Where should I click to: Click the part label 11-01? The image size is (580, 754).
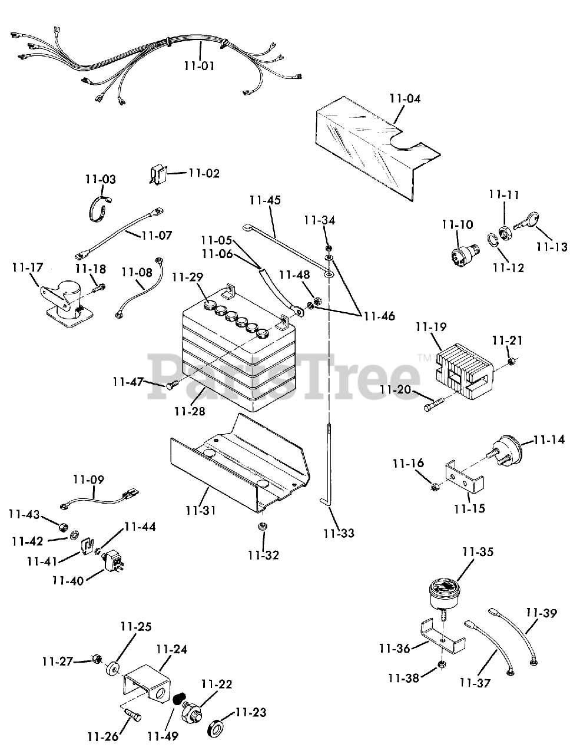click(x=198, y=65)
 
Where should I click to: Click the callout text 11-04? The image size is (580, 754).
click(x=405, y=98)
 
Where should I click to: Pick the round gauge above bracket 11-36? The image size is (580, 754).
click(x=444, y=591)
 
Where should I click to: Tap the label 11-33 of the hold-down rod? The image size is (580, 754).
click(x=339, y=533)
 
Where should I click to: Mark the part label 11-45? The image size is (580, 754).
click(x=264, y=200)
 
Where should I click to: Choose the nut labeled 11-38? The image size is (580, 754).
click(x=442, y=666)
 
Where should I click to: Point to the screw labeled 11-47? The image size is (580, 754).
click(x=172, y=385)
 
